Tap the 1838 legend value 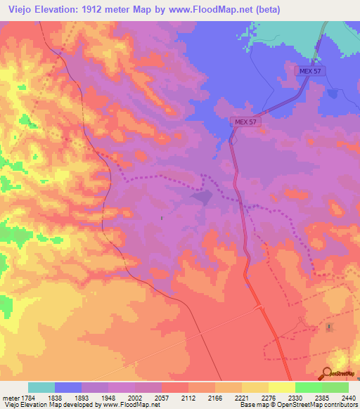click(55, 397)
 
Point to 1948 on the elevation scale click(108, 397)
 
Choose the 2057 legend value click(162, 397)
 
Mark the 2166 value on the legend click(215, 397)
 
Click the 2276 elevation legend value click(269, 397)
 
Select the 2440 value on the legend click(349, 397)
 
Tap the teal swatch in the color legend click(41, 387)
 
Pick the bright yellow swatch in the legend click(281, 387)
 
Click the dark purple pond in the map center click(202, 197)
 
